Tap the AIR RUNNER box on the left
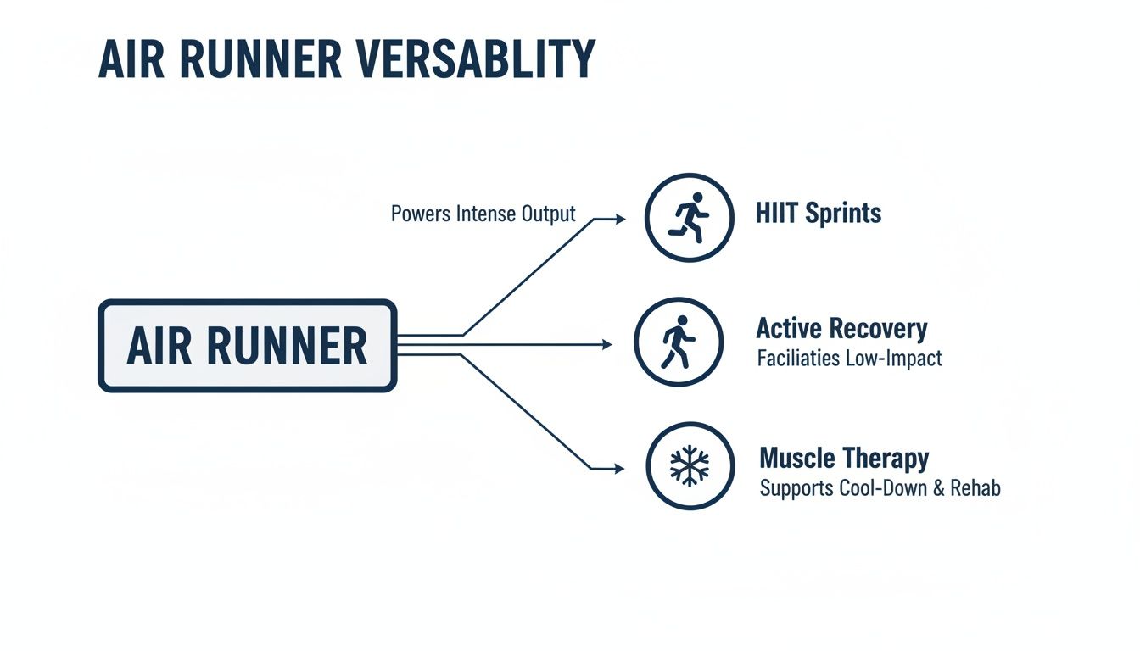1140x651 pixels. point(247,346)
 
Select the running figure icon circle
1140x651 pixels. point(689,217)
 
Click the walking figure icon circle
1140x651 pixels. point(678,342)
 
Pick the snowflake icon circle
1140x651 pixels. point(689,466)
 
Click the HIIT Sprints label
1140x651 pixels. point(818,213)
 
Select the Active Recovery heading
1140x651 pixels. point(841,329)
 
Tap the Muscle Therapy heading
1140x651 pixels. point(843,459)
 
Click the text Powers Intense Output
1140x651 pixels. point(483,214)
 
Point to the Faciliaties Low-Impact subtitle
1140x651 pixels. point(848,359)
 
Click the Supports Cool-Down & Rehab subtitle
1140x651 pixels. point(880,489)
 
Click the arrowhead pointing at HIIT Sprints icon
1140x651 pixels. point(620,219)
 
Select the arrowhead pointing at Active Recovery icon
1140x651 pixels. point(606,345)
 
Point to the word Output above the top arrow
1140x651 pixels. point(549,214)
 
